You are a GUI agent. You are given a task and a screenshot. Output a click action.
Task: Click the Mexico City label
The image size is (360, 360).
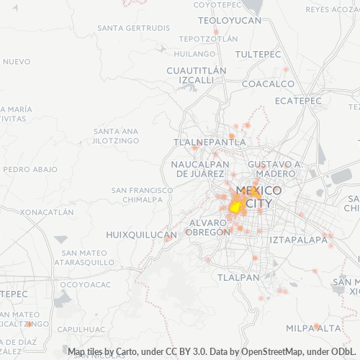pyautogui.click(x=258, y=197)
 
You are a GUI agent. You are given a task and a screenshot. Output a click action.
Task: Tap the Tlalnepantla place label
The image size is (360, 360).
pyautogui.click(x=210, y=143)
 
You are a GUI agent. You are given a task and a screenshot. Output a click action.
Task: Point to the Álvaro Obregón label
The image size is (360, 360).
pyautogui.click(x=207, y=227)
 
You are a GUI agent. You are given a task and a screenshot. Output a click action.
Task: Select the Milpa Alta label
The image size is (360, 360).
pyautogui.click(x=312, y=328)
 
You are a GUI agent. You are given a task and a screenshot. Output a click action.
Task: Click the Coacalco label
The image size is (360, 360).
pyautogui.click(x=269, y=84)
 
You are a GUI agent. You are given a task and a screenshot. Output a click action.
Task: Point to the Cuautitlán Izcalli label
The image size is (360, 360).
pyautogui.click(x=196, y=75)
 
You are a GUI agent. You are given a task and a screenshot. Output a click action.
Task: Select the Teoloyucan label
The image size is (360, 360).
pyautogui.click(x=229, y=20)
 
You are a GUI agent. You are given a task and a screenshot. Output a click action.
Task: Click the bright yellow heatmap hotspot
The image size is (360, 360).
pyautogui.click(x=235, y=207)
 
